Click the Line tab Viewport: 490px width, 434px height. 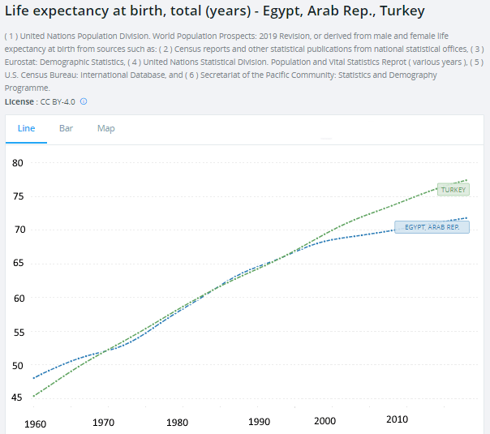[26, 128]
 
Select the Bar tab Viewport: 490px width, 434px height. [66, 128]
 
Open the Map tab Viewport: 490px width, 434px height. [106, 129]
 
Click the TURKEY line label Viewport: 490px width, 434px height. [453, 190]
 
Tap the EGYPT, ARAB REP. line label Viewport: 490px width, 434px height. [432, 227]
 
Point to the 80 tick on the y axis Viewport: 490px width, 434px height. [18, 163]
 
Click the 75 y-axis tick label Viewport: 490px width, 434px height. [18, 196]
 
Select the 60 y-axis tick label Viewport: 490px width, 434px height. [19, 299]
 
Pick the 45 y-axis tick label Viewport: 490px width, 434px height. [16, 397]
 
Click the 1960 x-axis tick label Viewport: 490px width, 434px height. [36, 424]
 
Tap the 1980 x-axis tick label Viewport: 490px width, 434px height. [177, 423]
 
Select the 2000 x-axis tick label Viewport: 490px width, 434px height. [325, 421]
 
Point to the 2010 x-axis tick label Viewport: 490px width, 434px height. [398, 419]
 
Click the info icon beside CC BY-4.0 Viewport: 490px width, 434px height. [84, 101]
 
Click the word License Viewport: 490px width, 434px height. [19, 102]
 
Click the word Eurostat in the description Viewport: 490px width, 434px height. [22, 62]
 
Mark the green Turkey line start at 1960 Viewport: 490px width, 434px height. [34, 396]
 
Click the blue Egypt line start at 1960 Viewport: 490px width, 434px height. [34, 378]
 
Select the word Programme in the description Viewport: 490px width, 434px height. [27, 88]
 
